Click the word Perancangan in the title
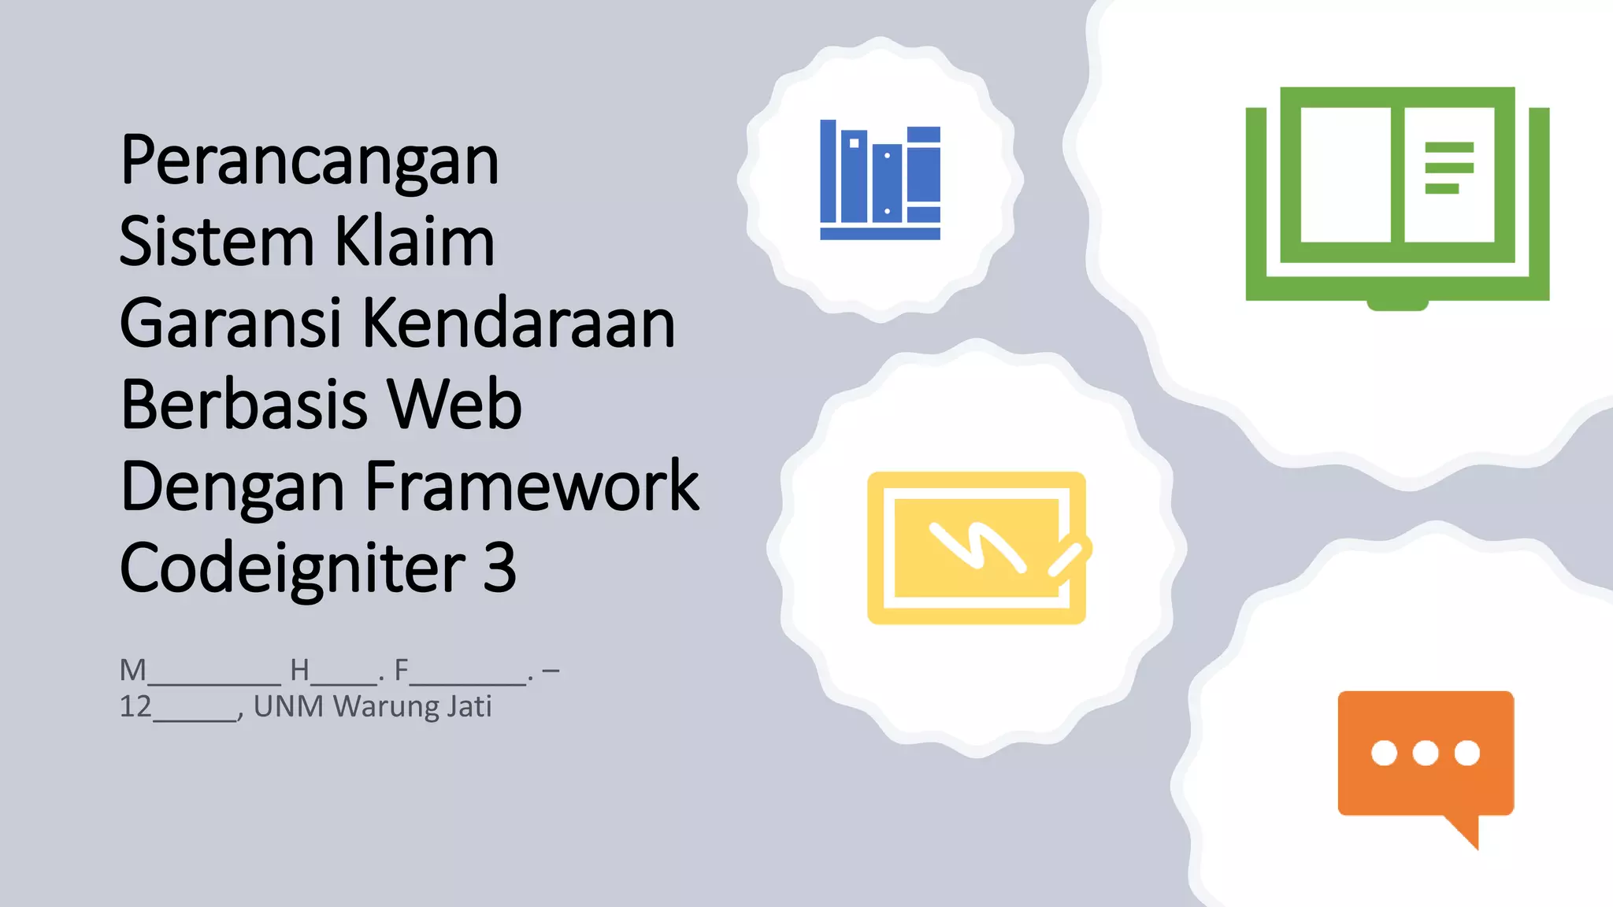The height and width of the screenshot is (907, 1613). [x=310, y=161]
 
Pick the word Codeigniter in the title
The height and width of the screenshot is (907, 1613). [x=293, y=568]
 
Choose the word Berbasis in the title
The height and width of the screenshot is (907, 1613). [x=243, y=405]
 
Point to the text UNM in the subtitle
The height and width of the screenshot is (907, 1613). [x=288, y=706]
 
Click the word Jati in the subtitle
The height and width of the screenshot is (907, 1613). [x=469, y=706]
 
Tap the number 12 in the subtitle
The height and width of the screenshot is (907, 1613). [x=135, y=706]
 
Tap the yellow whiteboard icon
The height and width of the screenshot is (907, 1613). [x=977, y=548]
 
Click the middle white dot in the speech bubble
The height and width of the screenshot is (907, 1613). [x=1426, y=753]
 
